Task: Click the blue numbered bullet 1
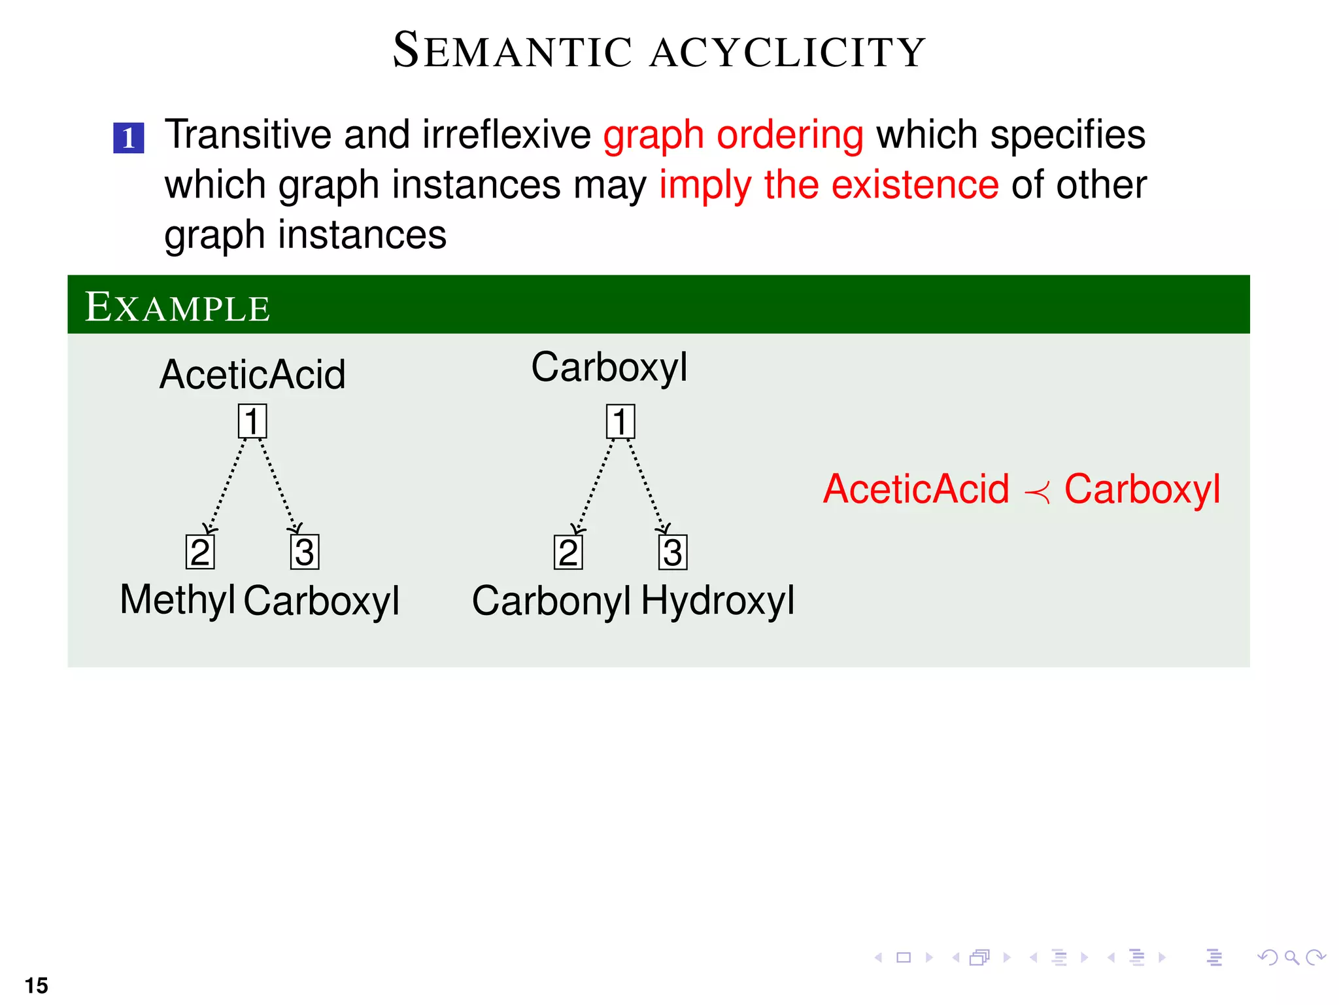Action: pos(128,138)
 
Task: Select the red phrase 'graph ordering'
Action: pos(733,135)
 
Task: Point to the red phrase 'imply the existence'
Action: pos(828,185)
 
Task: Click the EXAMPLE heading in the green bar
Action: pos(178,307)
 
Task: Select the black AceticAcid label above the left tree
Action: pos(252,374)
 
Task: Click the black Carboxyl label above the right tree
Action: pos(609,367)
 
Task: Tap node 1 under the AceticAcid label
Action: pos(252,421)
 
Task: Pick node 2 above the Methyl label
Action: pos(200,552)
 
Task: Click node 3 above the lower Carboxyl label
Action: pos(305,552)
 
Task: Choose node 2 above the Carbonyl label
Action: pos(568,552)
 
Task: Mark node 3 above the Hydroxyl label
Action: pos(673,552)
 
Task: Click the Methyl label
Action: pos(177,599)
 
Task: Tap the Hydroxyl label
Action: pos(717,600)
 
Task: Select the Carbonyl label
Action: pos(551,601)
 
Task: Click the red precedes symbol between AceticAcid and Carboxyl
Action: pos(1037,491)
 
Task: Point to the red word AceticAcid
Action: pos(916,489)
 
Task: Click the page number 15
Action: pos(37,985)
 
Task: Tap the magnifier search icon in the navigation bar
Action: pos(1291,958)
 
